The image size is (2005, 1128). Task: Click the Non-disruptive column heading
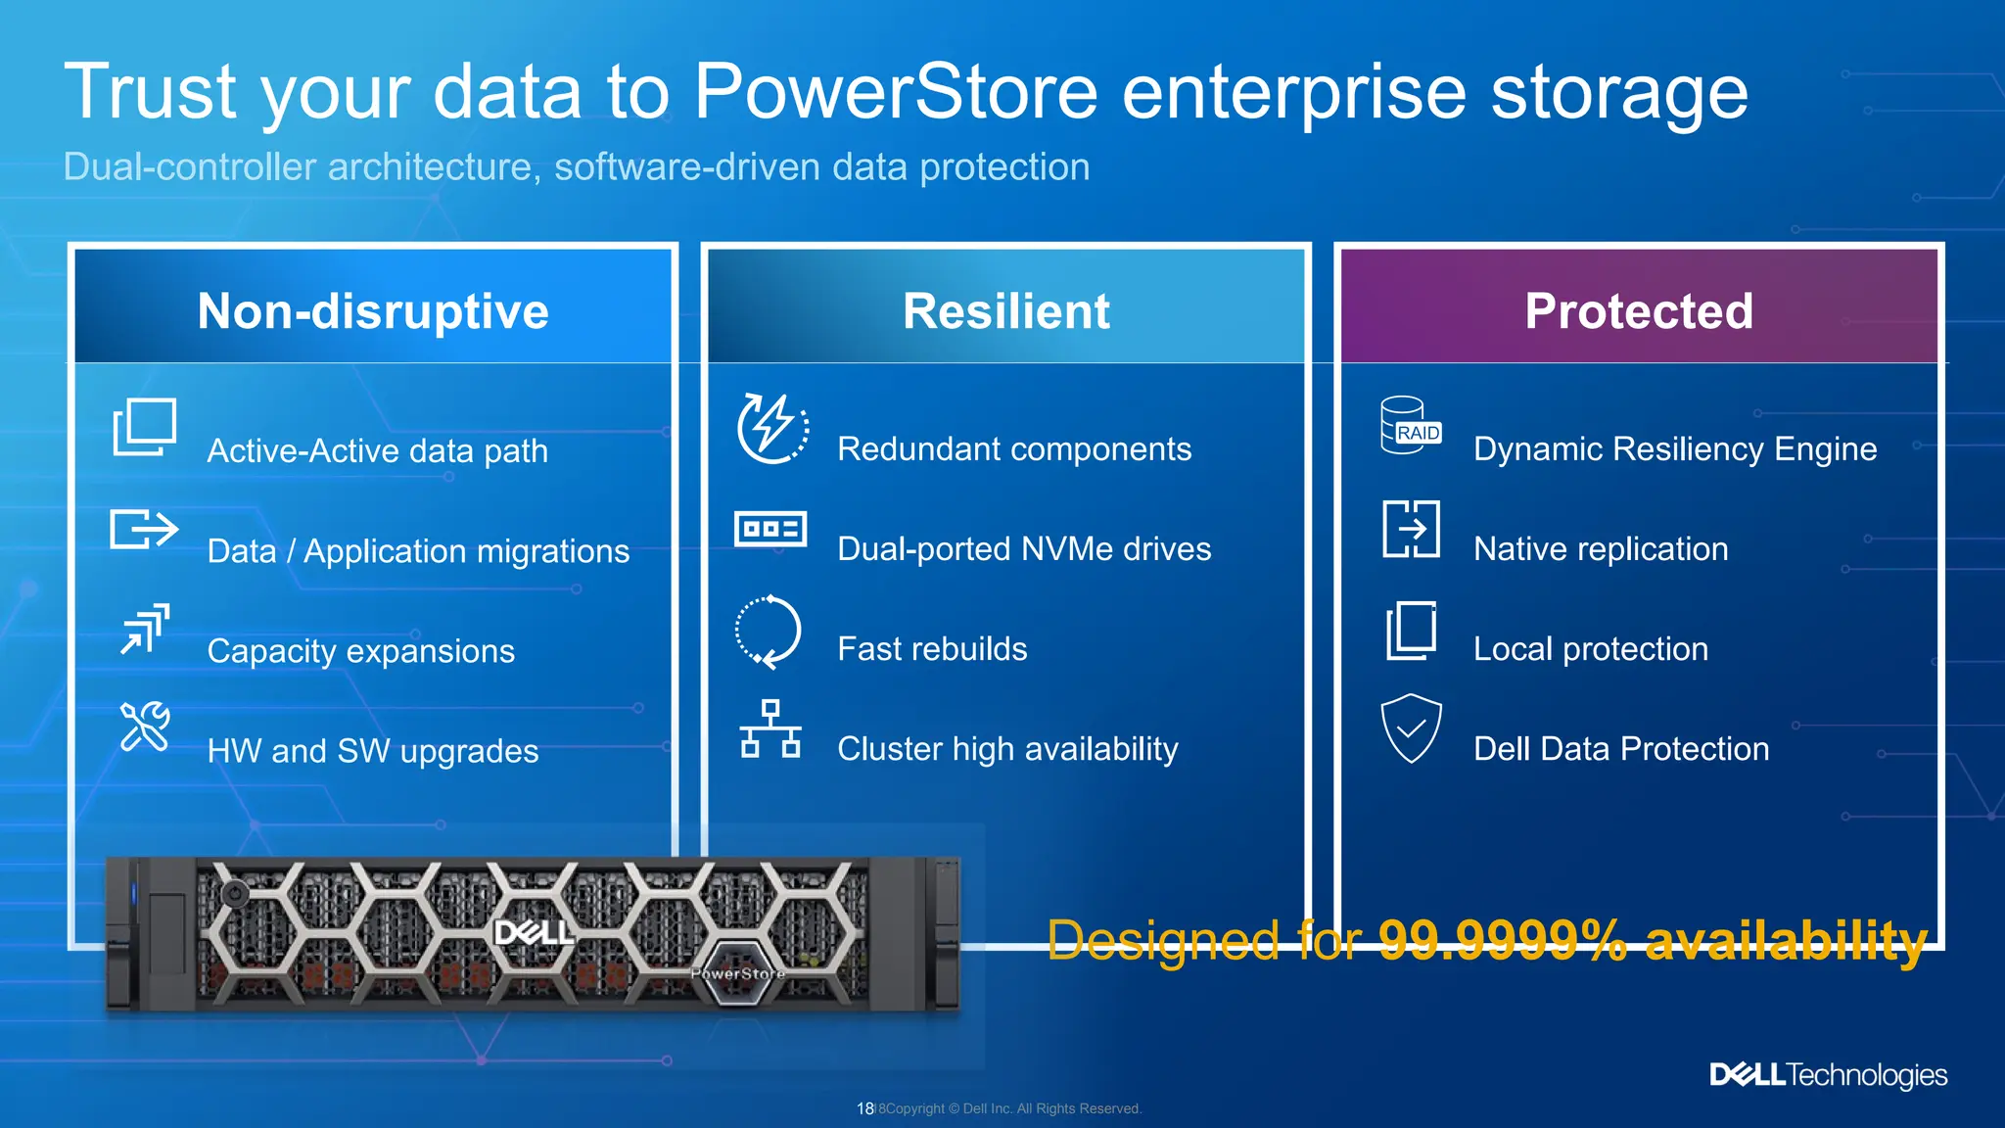pyautogui.click(x=373, y=311)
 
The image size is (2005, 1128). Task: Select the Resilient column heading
pyautogui.click(x=1005, y=311)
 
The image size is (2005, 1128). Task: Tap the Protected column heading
pyautogui.click(x=1639, y=311)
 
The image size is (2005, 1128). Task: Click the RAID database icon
pyautogui.click(x=1410, y=426)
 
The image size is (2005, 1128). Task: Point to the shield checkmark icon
pyautogui.click(x=1411, y=728)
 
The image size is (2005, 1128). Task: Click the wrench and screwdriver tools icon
pyautogui.click(x=145, y=727)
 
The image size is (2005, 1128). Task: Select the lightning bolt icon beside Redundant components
pyautogui.click(x=772, y=428)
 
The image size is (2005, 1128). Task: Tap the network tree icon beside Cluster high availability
pyautogui.click(x=770, y=728)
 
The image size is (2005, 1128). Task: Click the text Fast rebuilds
pyautogui.click(x=932, y=648)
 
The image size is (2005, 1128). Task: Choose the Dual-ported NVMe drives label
pyautogui.click(x=1024, y=548)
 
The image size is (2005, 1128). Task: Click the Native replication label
pyautogui.click(x=1601, y=548)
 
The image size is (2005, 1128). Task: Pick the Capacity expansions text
pyautogui.click(x=360, y=651)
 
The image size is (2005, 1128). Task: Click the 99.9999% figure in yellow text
pyautogui.click(x=1502, y=940)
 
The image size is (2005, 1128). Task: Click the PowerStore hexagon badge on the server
pyautogui.click(x=738, y=971)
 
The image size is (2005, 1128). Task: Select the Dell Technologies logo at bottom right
pyautogui.click(x=1828, y=1075)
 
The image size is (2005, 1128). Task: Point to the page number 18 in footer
pyautogui.click(x=864, y=1108)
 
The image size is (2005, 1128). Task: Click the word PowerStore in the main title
pyautogui.click(x=896, y=91)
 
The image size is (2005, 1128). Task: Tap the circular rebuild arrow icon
pyautogui.click(x=769, y=632)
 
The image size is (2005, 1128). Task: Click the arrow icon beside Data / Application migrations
pyautogui.click(x=144, y=530)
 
